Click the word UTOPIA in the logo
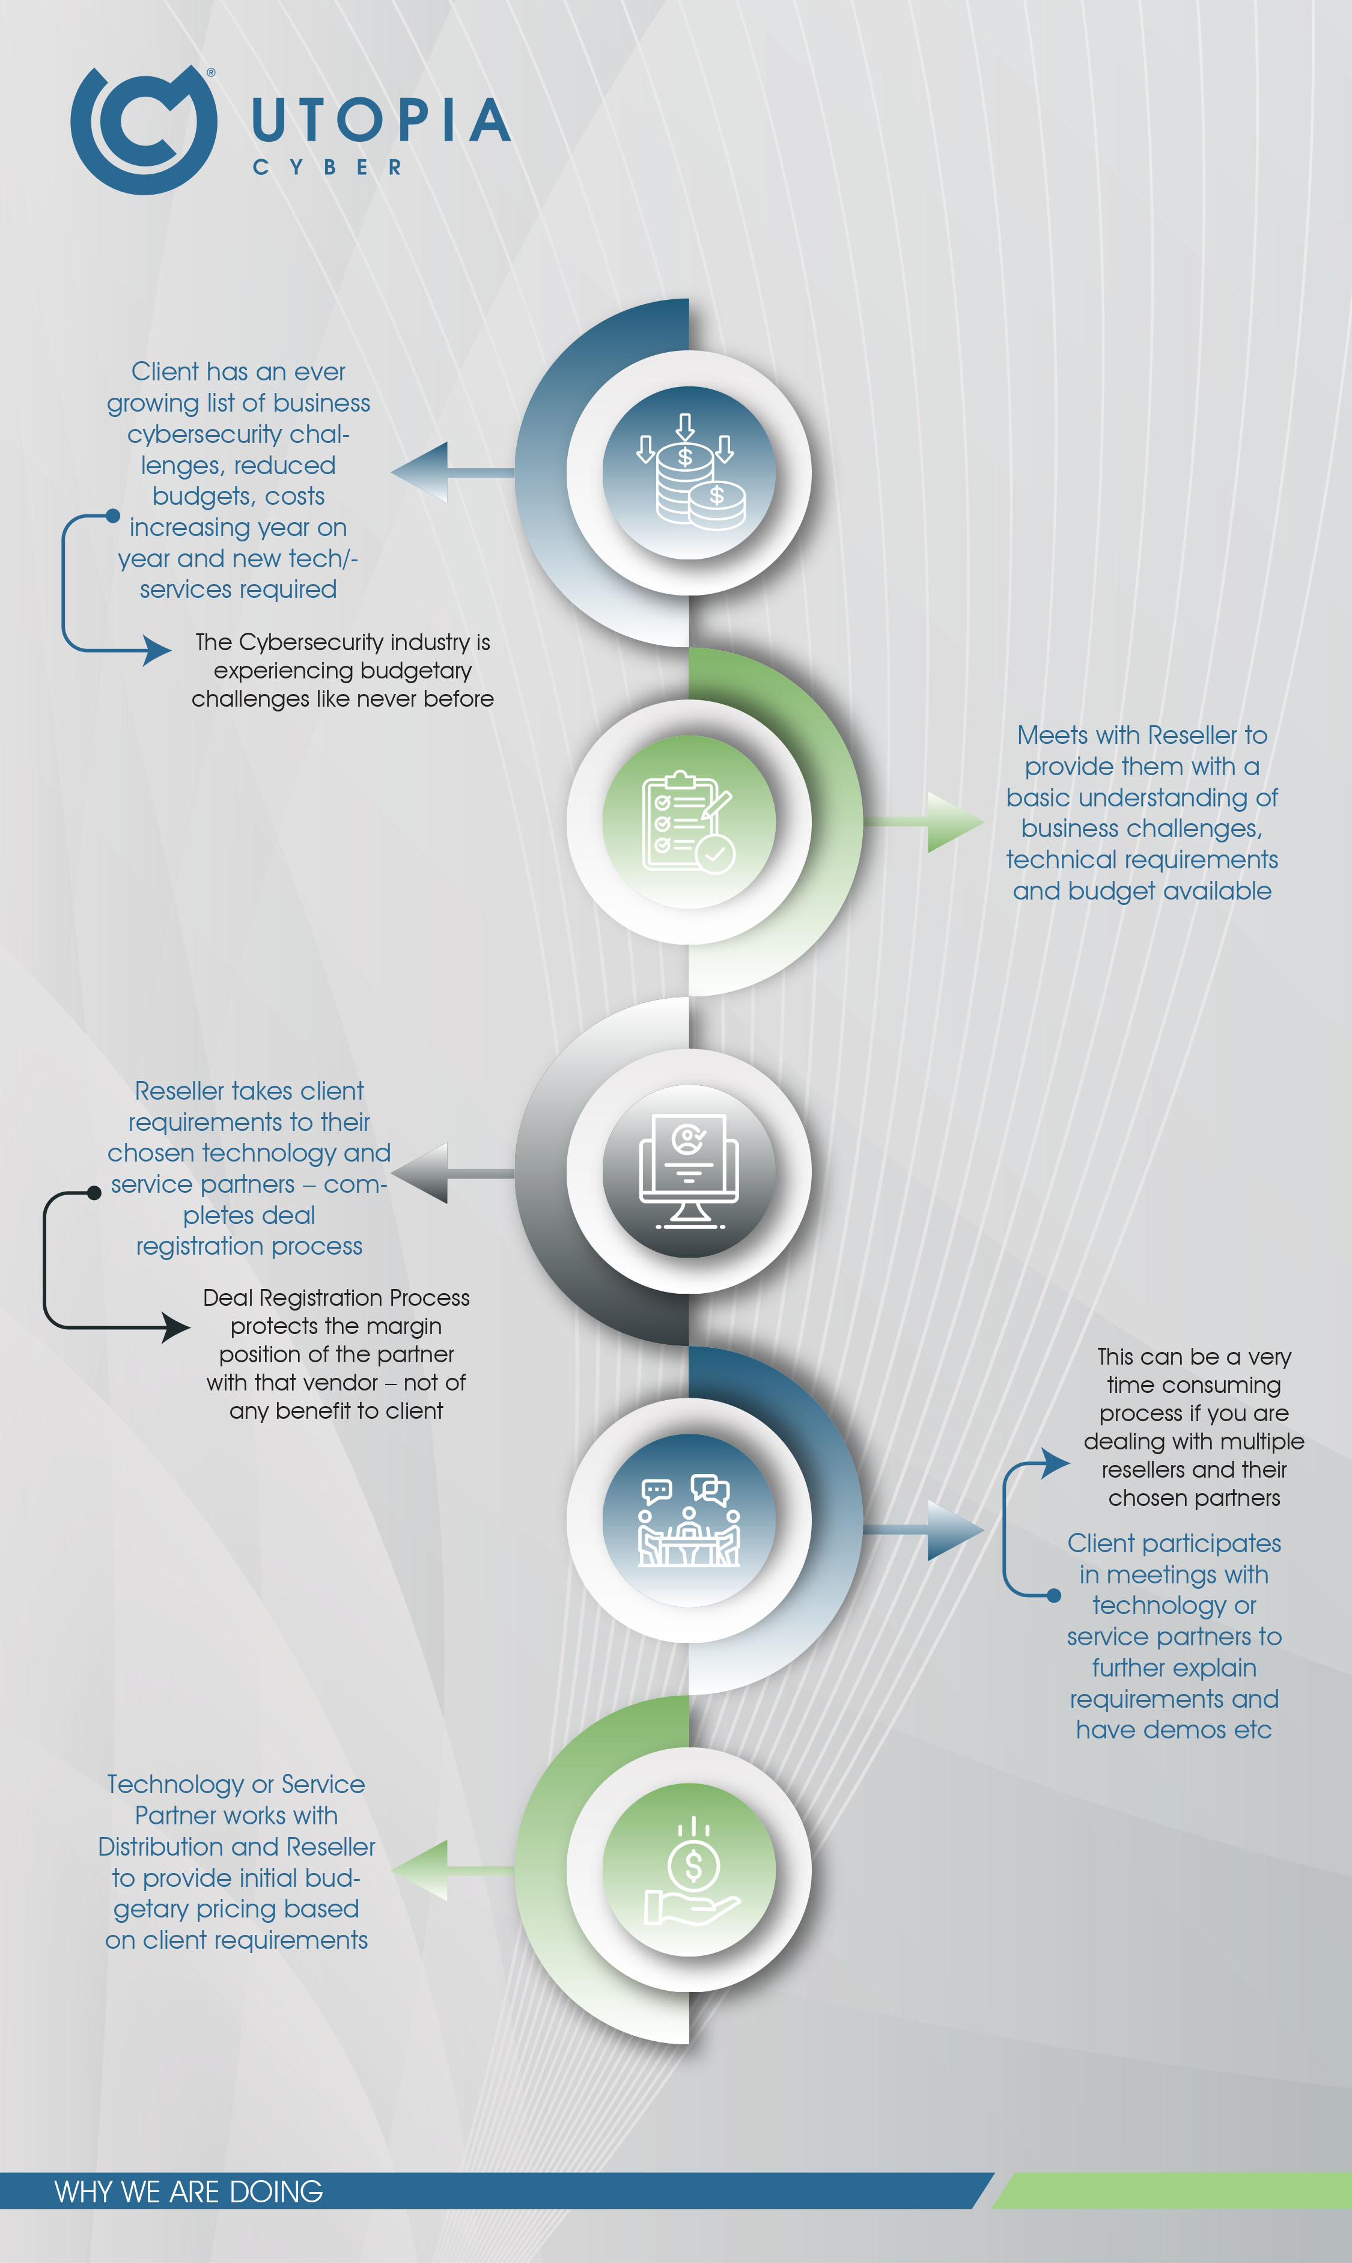click(x=381, y=121)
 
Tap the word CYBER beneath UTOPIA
click(x=327, y=168)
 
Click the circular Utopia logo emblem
click(x=144, y=129)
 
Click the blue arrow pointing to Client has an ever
click(x=453, y=472)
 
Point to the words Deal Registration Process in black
click(x=336, y=1297)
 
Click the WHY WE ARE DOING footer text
click(x=189, y=2191)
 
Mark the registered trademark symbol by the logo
click(x=212, y=72)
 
